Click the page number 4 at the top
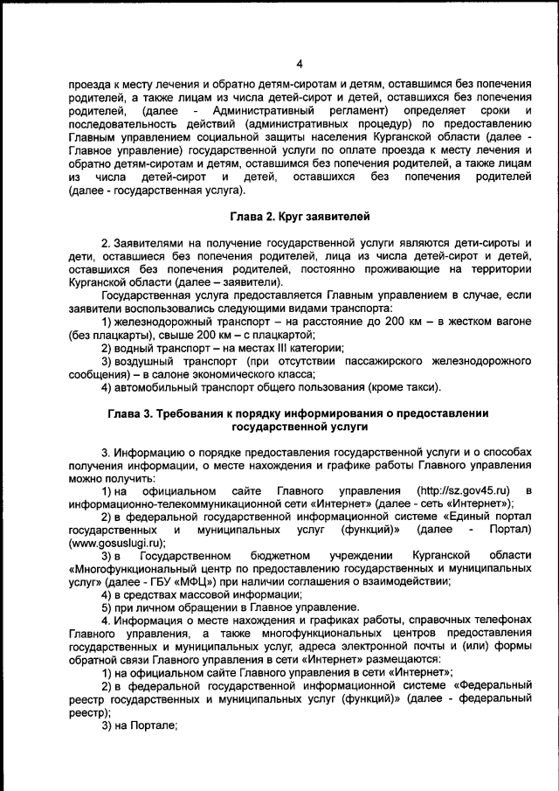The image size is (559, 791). [299, 64]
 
